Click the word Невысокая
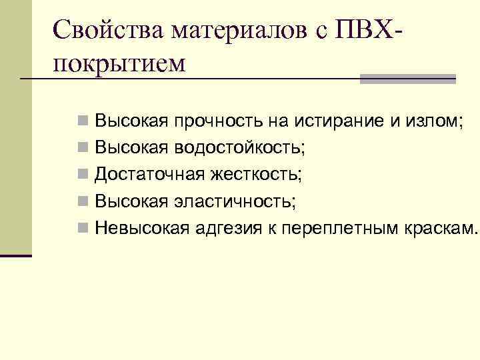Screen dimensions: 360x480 (x=142, y=228)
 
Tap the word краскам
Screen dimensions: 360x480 (x=441, y=228)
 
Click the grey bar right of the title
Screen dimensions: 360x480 (x=407, y=79)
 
